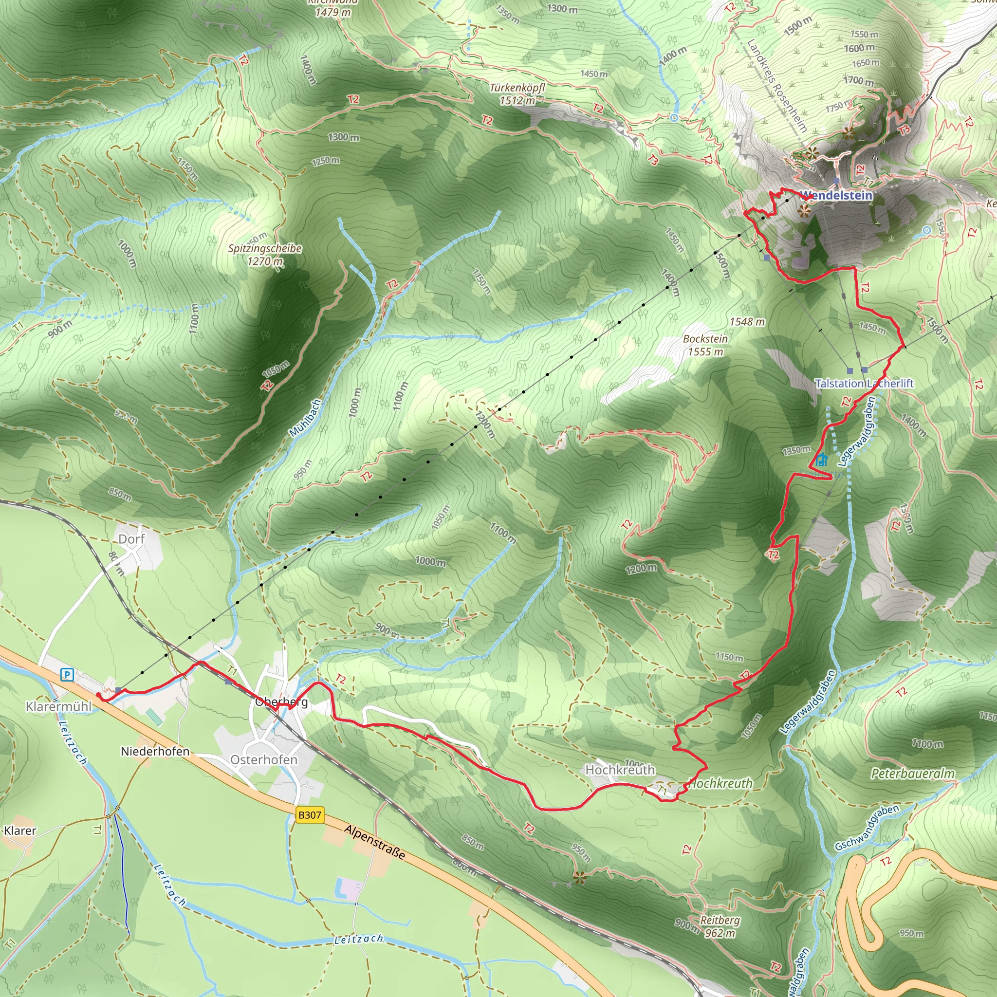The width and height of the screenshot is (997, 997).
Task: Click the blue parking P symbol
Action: [67, 674]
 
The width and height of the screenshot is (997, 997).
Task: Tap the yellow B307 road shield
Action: [310, 815]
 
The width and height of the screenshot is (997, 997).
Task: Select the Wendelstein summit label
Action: [836, 196]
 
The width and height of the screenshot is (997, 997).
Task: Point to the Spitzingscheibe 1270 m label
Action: [265, 255]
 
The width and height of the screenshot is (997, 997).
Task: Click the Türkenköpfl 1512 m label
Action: [517, 94]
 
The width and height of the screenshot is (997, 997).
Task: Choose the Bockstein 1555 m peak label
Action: [705, 345]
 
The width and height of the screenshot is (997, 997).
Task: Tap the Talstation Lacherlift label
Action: [864, 384]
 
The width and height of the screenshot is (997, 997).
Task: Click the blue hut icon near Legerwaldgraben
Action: [822, 460]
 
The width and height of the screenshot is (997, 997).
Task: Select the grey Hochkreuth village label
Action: [620, 770]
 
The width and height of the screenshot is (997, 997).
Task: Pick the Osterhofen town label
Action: [264, 759]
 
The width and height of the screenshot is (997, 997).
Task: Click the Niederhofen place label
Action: [155, 751]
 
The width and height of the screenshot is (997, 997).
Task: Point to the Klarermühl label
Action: [58, 706]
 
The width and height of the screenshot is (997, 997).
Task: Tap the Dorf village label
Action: [131, 539]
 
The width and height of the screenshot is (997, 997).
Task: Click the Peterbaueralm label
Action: [912, 774]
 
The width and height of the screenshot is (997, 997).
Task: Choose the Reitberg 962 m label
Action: [720, 927]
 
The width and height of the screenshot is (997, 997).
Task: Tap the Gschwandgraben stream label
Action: [867, 828]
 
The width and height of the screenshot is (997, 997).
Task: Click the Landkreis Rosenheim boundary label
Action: [776, 85]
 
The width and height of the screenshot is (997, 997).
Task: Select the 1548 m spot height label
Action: [747, 322]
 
